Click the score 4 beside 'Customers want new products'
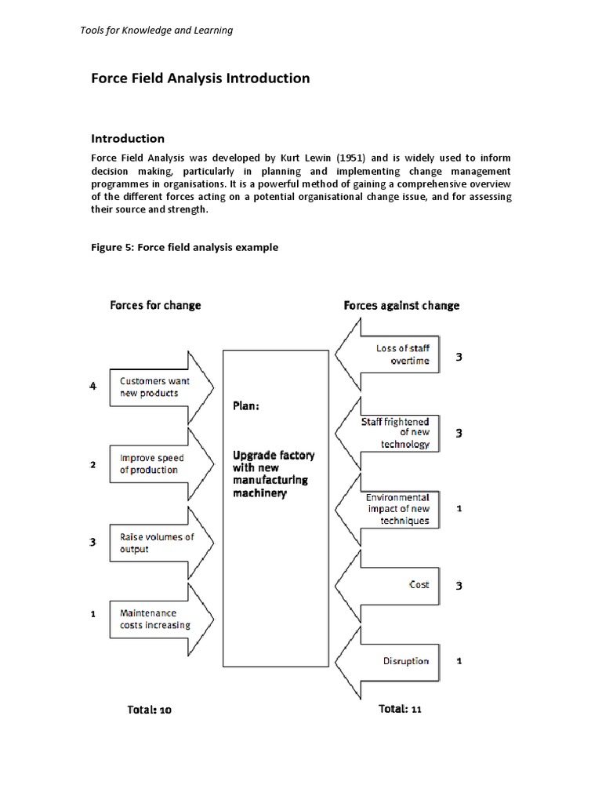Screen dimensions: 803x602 click(92, 387)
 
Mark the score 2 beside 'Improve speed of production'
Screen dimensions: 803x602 click(92, 464)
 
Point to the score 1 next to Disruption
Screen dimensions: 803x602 click(459, 661)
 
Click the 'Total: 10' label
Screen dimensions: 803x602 click(149, 710)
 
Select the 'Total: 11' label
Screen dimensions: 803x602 click(400, 709)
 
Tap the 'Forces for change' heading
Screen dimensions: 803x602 click(155, 305)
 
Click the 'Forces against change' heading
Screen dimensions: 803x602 click(401, 305)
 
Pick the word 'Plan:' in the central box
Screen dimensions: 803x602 click(246, 406)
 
